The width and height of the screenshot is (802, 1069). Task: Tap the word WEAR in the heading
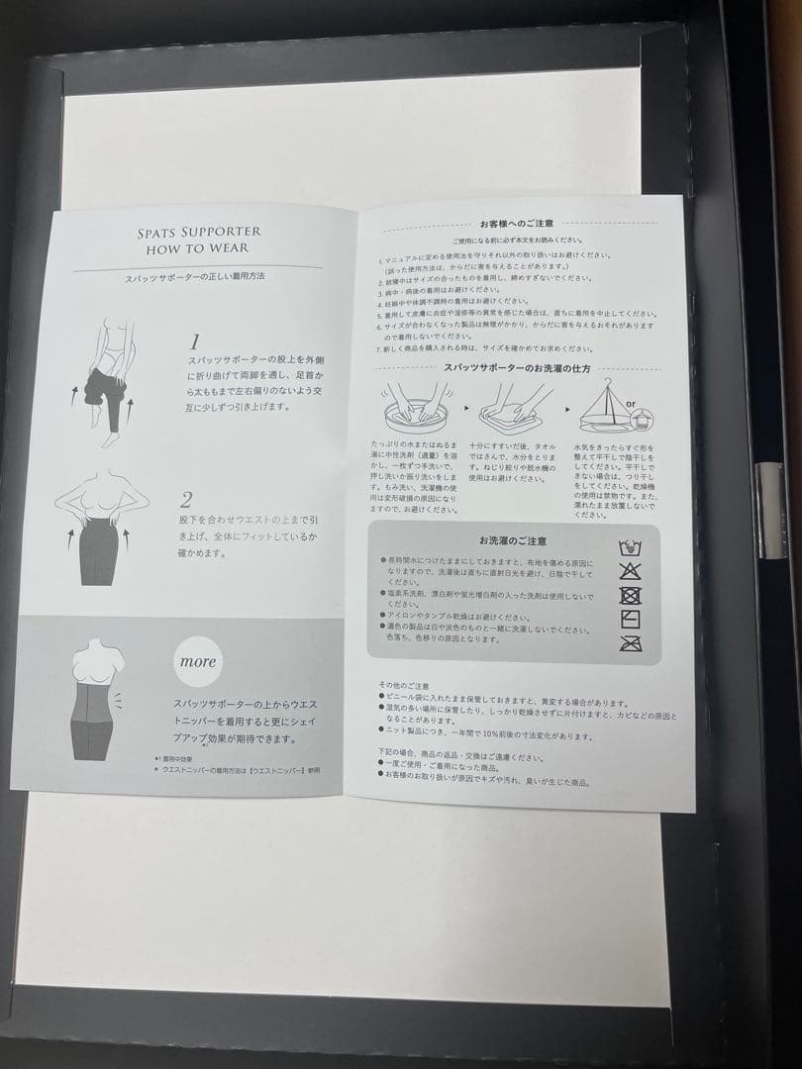pyautogui.click(x=228, y=249)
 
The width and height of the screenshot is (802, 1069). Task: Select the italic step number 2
pyautogui.click(x=186, y=498)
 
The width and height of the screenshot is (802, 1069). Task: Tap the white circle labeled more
pyautogui.click(x=198, y=661)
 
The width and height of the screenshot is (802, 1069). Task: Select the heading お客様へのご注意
pyautogui.click(x=510, y=225)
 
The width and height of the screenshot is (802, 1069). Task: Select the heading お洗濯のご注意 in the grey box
pyautogui.click(x=512, y=540)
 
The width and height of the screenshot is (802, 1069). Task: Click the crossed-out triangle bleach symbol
pyautogui.click(x=630, y=570)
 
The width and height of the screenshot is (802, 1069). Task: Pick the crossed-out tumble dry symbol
pyautogui.click(x=630, y=595)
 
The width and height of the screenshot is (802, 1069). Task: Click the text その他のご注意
pyautogui.click(x=404, y=685)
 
